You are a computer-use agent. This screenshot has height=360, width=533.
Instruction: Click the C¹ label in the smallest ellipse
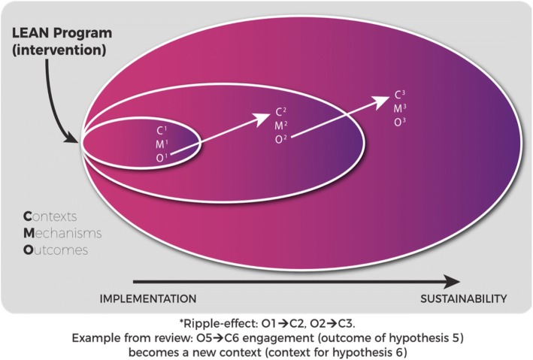pyautogui.click(x=159, y=129)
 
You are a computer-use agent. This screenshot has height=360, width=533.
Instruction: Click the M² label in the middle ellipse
pyautogui.click(x=280, y=125)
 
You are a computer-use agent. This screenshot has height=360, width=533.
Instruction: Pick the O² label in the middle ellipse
pyautogui.click(x=280, y=138)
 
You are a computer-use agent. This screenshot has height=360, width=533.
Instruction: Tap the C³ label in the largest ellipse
pyautogui.click(x=401, y=95)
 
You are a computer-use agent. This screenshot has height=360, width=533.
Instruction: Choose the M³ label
pyautogui.click(x=401, y=109)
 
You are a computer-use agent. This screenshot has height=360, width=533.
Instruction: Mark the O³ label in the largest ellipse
pyautogui.click(x=401, y=122)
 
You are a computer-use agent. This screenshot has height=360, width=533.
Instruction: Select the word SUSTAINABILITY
pyautogui.click(x=464, y=298)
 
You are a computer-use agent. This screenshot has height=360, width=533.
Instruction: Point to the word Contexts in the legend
pyautogui.click(x=56, y=217)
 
